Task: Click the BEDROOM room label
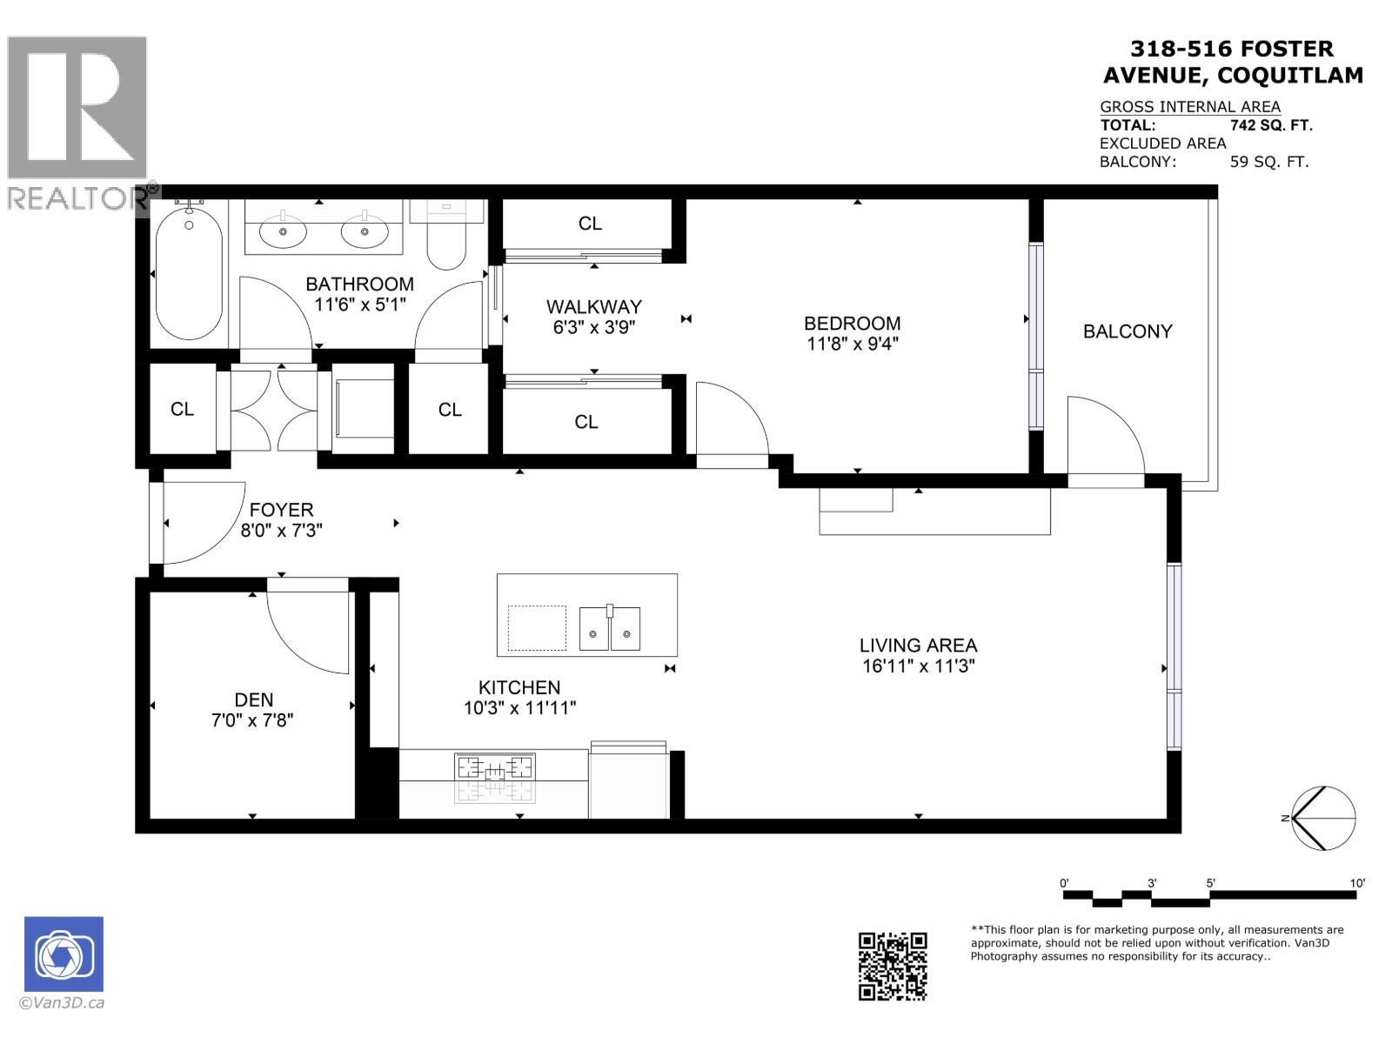[852, 323]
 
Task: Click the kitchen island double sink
[610, 628]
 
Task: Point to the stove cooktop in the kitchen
[494, 768]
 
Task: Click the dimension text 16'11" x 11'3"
[918, 666]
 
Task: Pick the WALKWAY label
[593, 306]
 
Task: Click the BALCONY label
[1128, 331]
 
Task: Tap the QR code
[893, 966]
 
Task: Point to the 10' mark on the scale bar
[1356, 883]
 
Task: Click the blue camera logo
[64, 954]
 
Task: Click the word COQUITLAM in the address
[1289, 76]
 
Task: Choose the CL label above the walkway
[590, 224]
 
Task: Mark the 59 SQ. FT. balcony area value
[1268, 162]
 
